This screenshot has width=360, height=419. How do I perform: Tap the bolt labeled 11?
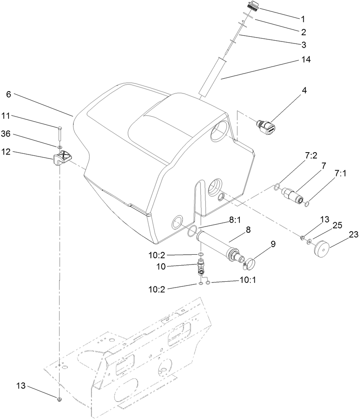(59, 133)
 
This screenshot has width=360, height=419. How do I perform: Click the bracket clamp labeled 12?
(61, 158)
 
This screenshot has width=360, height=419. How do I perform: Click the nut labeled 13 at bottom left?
(59, 399)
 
